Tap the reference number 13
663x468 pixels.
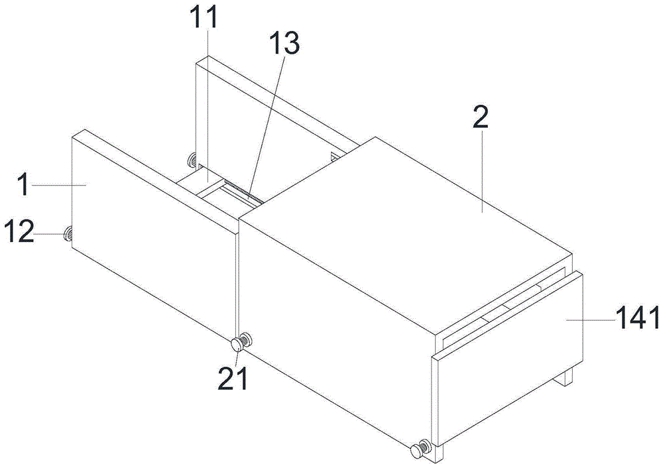(x=284, y=42)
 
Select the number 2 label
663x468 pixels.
(x=480, y=117)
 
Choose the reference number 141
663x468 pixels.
(x=638, y=318)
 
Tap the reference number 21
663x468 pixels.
(x=232, y=378)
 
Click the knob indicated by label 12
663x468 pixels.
(x=68, y=233)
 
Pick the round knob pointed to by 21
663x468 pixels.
(x=238, y=345)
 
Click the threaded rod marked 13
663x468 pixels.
(x=245, y=192)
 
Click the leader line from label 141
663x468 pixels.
(x=591, y=320)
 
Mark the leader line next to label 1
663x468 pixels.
(x=59, y=184)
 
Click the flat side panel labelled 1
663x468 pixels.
(x=154, y=235)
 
